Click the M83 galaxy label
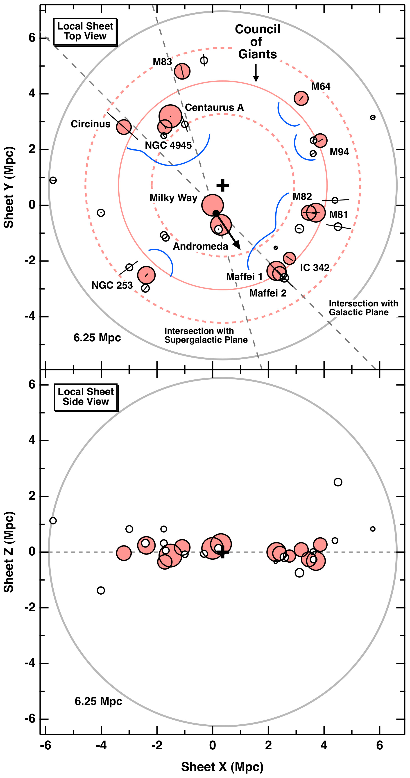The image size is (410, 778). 162,62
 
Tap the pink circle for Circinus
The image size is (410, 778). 124,127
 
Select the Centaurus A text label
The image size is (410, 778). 214,107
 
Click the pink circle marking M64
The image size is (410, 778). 301,98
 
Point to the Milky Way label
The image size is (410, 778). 173,198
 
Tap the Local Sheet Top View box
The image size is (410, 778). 85,31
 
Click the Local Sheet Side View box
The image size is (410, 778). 86,397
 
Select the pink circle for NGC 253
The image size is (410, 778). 146,275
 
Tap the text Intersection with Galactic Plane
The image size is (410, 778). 363,308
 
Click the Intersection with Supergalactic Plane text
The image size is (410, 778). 206,335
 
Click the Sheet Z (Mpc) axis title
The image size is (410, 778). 9,552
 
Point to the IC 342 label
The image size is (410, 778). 314,268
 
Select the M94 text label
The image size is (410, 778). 339,152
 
